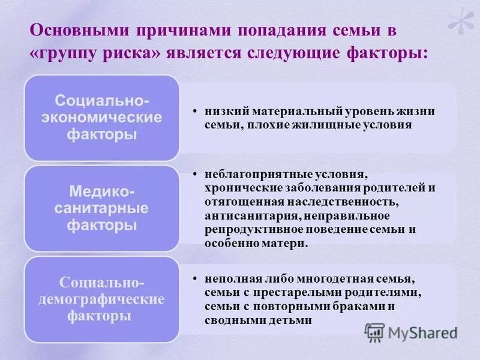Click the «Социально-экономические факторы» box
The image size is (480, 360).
point(101,117)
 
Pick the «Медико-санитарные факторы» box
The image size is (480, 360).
point(101,209)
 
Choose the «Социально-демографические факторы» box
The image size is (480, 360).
point(101,299)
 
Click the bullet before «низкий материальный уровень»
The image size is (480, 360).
point(196,112)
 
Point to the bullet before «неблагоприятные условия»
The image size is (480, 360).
point(196,175)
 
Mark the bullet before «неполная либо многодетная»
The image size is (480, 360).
point(196,279)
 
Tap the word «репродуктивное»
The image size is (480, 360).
point(250,230)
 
